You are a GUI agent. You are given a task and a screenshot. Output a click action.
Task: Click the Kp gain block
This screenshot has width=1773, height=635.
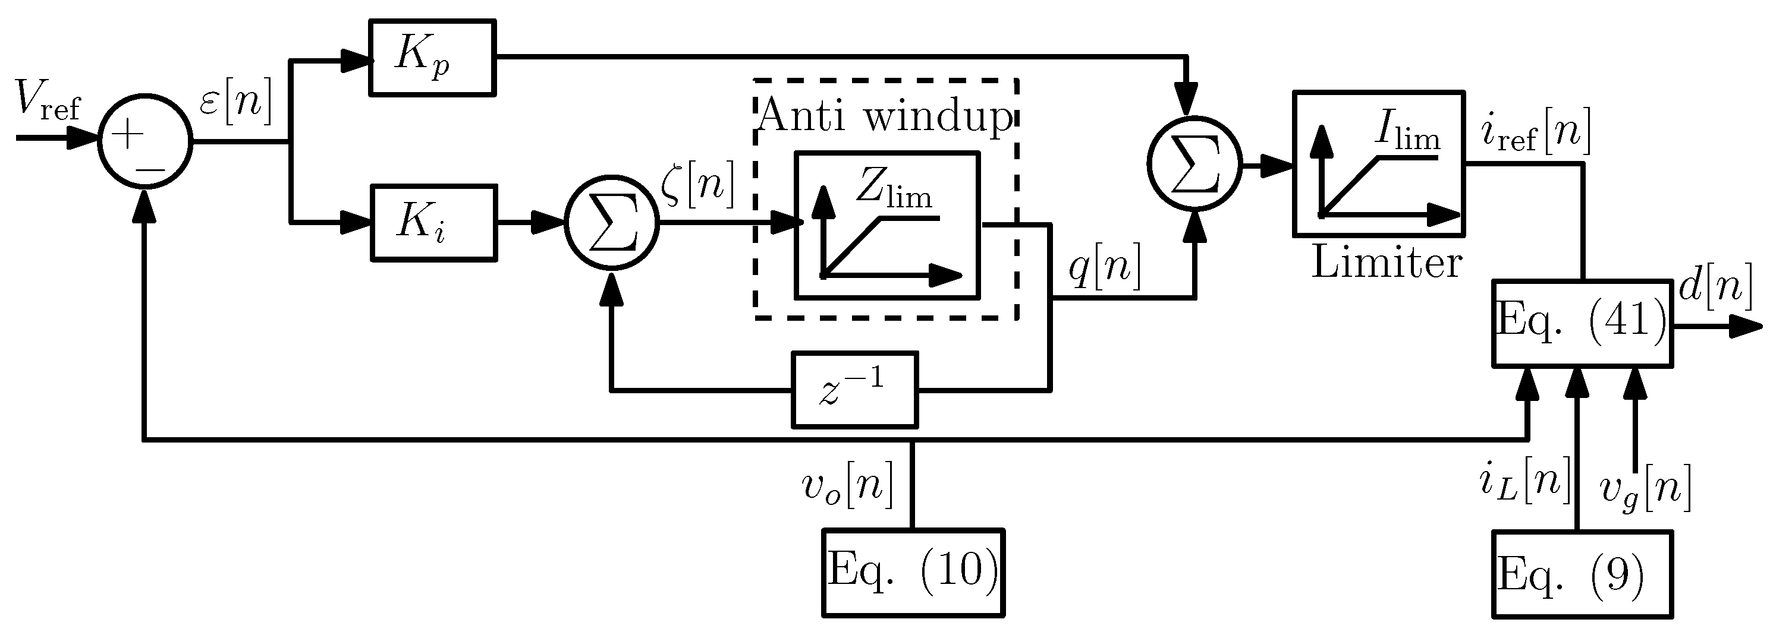click(x=432, y=58)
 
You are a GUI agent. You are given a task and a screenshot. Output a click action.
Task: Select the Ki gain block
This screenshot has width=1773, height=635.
click(x=433, y=222)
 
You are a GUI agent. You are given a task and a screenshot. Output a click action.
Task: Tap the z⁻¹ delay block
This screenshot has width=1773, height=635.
click(x=855, y=390)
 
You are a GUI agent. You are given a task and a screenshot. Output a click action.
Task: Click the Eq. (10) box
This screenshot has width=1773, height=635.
click(x=913, y=573)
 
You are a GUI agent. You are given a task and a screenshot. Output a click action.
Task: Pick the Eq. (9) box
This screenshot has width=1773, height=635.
click(x=1582, y=574)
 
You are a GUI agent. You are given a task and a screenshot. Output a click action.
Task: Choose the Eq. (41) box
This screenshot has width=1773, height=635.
click(x=1582, y=323)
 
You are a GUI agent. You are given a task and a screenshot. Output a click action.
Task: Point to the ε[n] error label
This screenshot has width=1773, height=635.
click(x=236, y=100)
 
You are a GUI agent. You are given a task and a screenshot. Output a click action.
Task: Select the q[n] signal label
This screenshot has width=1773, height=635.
click(x=1104, y=266)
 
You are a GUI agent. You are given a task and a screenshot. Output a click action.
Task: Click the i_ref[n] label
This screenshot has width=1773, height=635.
click(x=1536, y=131)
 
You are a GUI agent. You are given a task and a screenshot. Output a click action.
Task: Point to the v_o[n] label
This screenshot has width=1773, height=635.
click(x=847, y=486)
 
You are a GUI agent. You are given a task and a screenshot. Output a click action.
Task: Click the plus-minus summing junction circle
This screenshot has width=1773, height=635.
click(x=144, y=141)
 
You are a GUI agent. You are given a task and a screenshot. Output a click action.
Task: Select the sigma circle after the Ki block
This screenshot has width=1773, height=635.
click(x=612, y=223)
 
